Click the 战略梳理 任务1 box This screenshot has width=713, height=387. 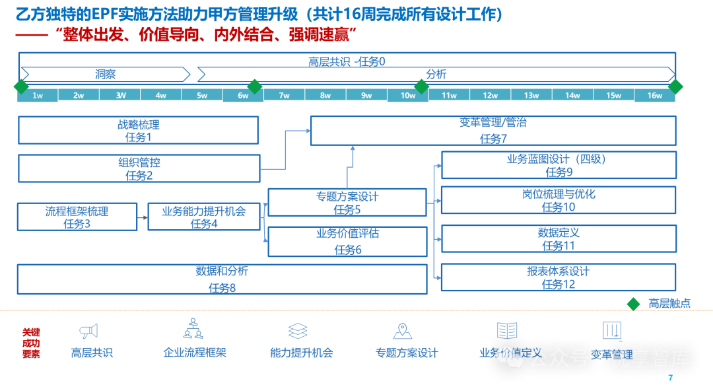pos(138,130)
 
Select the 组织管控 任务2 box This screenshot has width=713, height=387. pos(139,168)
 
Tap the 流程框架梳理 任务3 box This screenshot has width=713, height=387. pos(77,217)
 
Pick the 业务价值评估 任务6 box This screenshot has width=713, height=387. pos(347,241)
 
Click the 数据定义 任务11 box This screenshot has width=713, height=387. pos(559,238)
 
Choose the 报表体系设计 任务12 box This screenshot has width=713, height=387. pos(559,277)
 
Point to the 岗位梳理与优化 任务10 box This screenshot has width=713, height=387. pos(559,199)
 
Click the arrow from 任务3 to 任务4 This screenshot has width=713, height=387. pos(142,217)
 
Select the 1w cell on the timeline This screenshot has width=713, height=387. pos(38,96)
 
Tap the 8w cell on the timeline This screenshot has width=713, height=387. pos(325,96)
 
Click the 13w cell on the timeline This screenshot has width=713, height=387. pos(531,96)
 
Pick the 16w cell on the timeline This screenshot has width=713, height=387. pos(654,96)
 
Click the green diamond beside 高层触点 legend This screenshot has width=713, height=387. pos(633,303)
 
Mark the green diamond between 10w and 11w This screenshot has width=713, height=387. pos(421,87)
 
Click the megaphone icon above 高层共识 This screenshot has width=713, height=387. pos(88,331)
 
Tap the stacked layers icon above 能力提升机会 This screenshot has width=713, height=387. pos(298,331)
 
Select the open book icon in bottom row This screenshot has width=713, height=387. pos(507,331)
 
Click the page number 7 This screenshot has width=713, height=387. pos(670,378)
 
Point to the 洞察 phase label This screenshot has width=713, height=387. pos(105,74)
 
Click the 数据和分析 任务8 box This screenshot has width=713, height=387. pos(222,279)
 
